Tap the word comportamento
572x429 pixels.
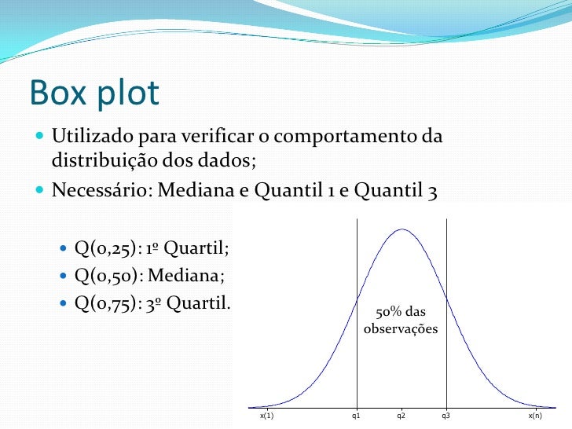(346, 137)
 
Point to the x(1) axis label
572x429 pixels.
(266, 415)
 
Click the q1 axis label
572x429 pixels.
(356, 415)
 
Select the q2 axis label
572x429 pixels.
(401, 415)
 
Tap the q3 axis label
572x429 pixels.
(445, 415)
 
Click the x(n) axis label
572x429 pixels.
(535, 415)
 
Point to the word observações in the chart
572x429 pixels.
(401, 329)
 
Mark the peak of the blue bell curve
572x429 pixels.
(401, 229)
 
